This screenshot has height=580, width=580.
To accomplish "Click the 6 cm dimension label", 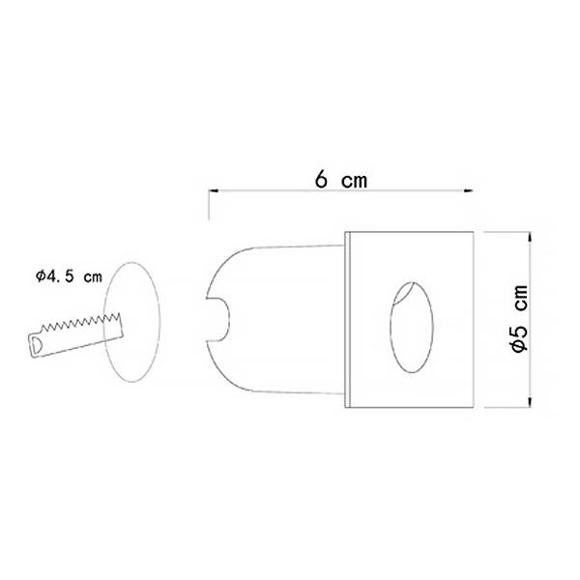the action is (341, 180).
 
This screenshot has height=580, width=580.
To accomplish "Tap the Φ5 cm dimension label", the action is (519, 318).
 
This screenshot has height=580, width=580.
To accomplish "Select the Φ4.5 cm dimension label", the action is (69, 276).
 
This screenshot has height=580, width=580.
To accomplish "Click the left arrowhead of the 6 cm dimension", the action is (213, 190).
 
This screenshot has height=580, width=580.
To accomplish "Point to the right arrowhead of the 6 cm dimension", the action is (469, 190).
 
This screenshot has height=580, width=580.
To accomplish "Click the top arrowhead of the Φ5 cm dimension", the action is (530, 237).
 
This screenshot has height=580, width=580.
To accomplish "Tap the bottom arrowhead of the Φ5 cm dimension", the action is (530, 403).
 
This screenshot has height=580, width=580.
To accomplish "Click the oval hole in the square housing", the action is (412, 328).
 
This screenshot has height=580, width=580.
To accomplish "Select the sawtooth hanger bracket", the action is (75, 335).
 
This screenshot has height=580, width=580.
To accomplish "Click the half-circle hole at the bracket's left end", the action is (37, 343).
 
